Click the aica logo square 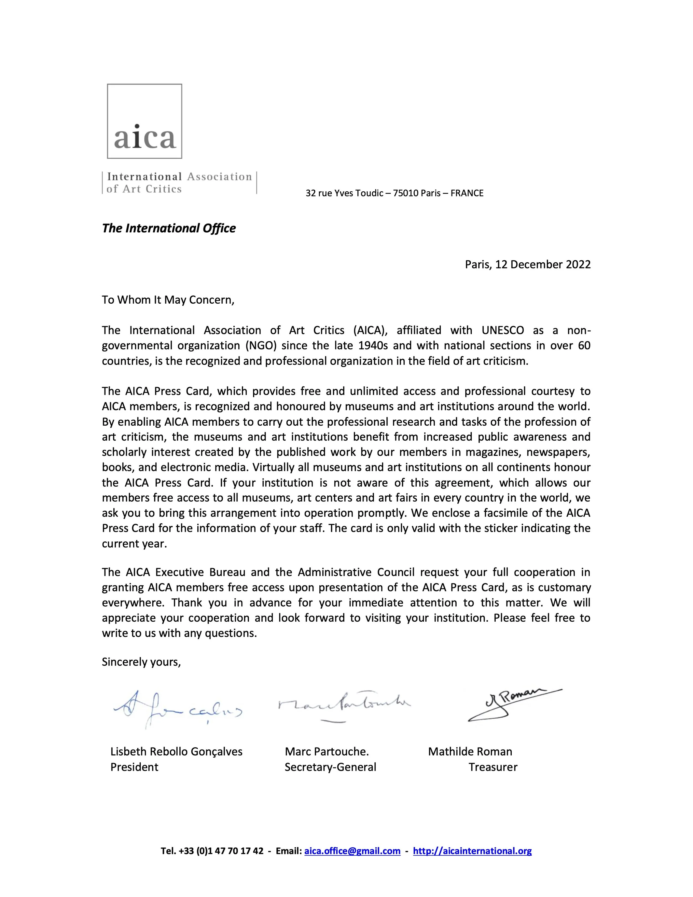point(144,121)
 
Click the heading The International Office point(169,228)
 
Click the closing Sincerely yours point(141,662)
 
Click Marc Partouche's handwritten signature point(344,704)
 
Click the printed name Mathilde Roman point(470,752)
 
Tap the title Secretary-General point(330,767)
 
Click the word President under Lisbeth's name point(134,767)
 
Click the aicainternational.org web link point(472,851)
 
